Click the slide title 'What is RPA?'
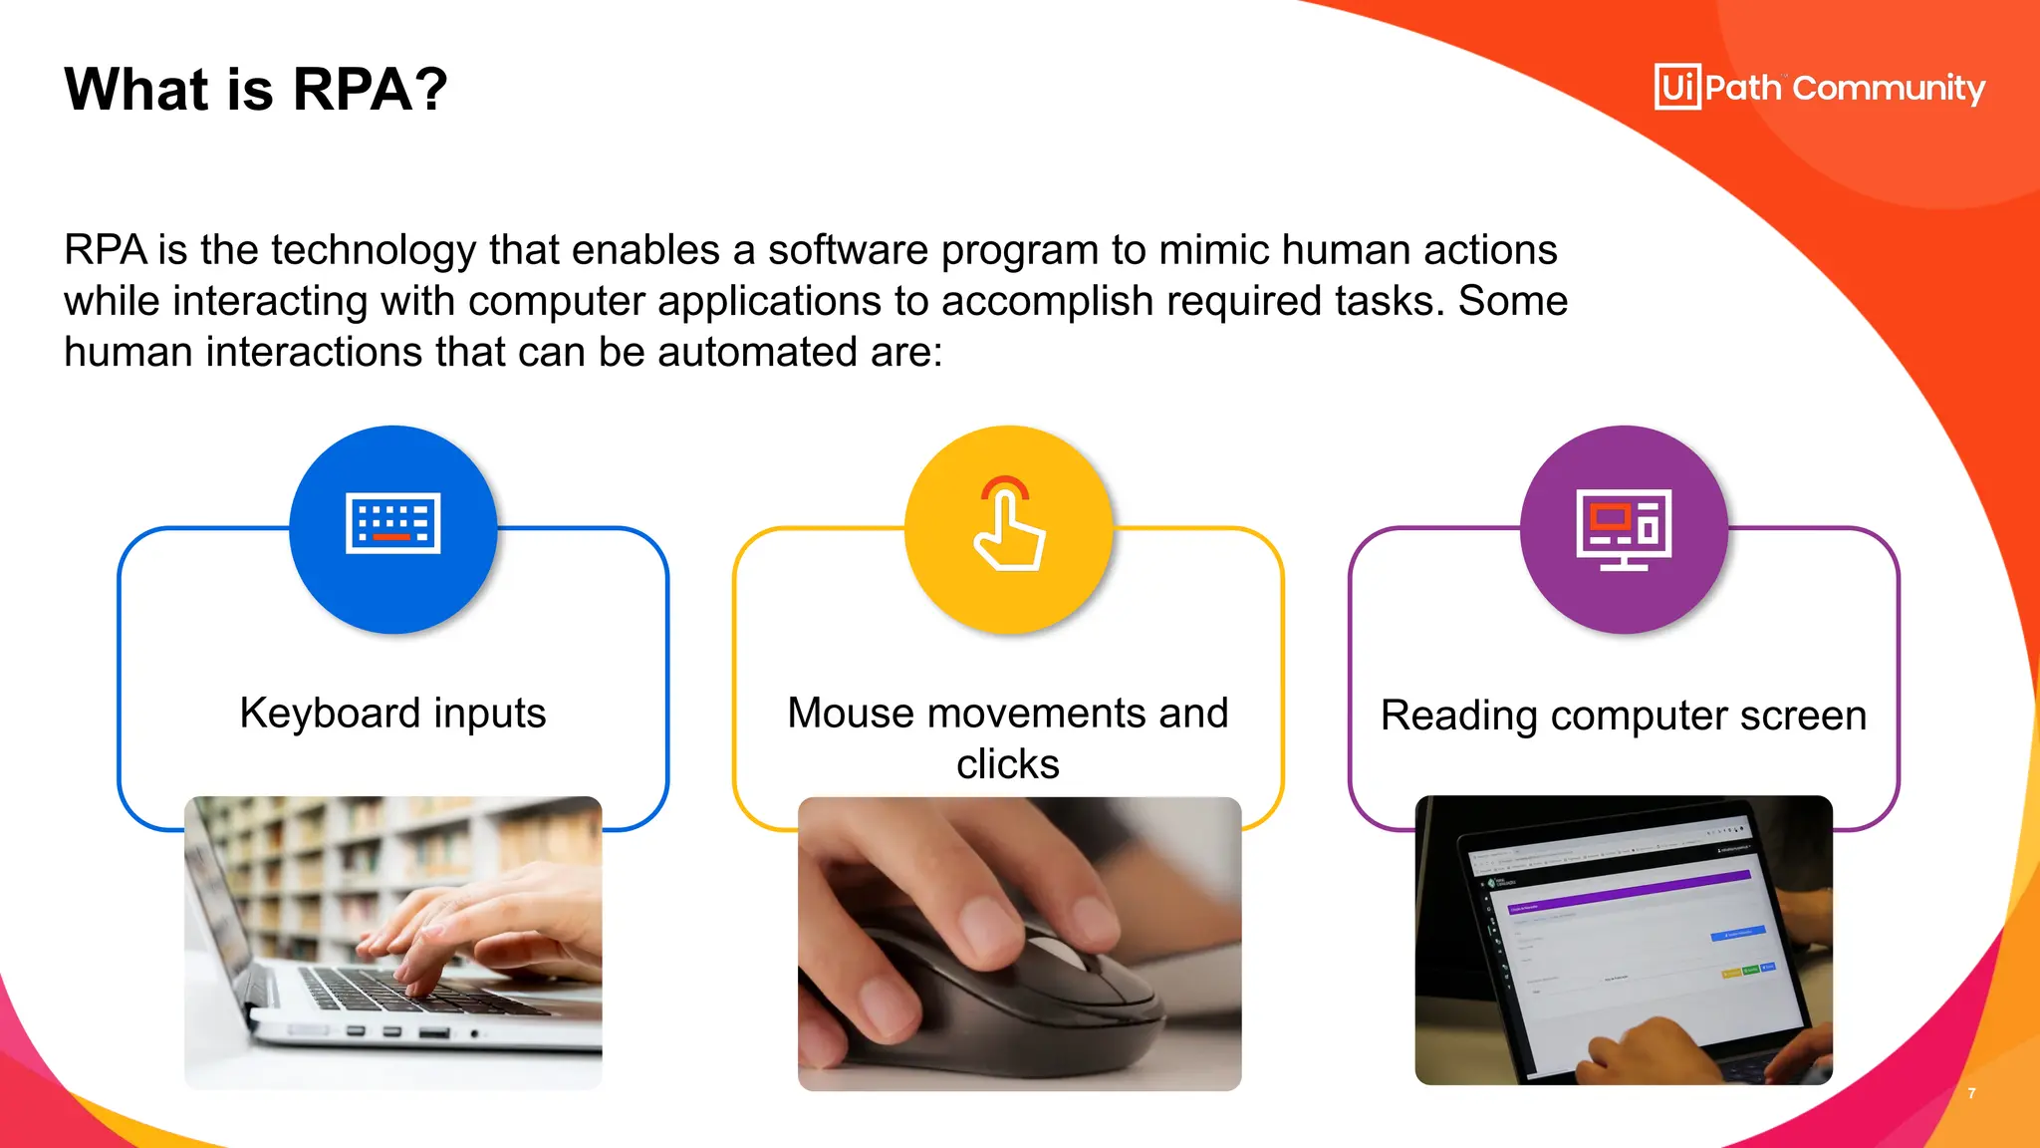click(256, 90)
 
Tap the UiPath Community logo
click(1819, 88)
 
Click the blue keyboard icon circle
click(393, 529)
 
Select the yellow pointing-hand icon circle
click(1008, 529)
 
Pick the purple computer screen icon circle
click(1624, 529)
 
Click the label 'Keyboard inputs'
click(392, 714)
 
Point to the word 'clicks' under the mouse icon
click(1007, 764)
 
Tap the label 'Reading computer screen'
click(1623, 716)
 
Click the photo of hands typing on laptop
click(393, 942)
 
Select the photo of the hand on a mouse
click(1019, 943)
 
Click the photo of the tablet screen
click(1623, 940)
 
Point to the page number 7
click(1971, 1093)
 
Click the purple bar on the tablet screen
click(1634, 890)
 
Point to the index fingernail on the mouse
click(980, 915)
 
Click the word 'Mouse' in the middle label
click(850, 714)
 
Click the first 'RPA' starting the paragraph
click(105, 250)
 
